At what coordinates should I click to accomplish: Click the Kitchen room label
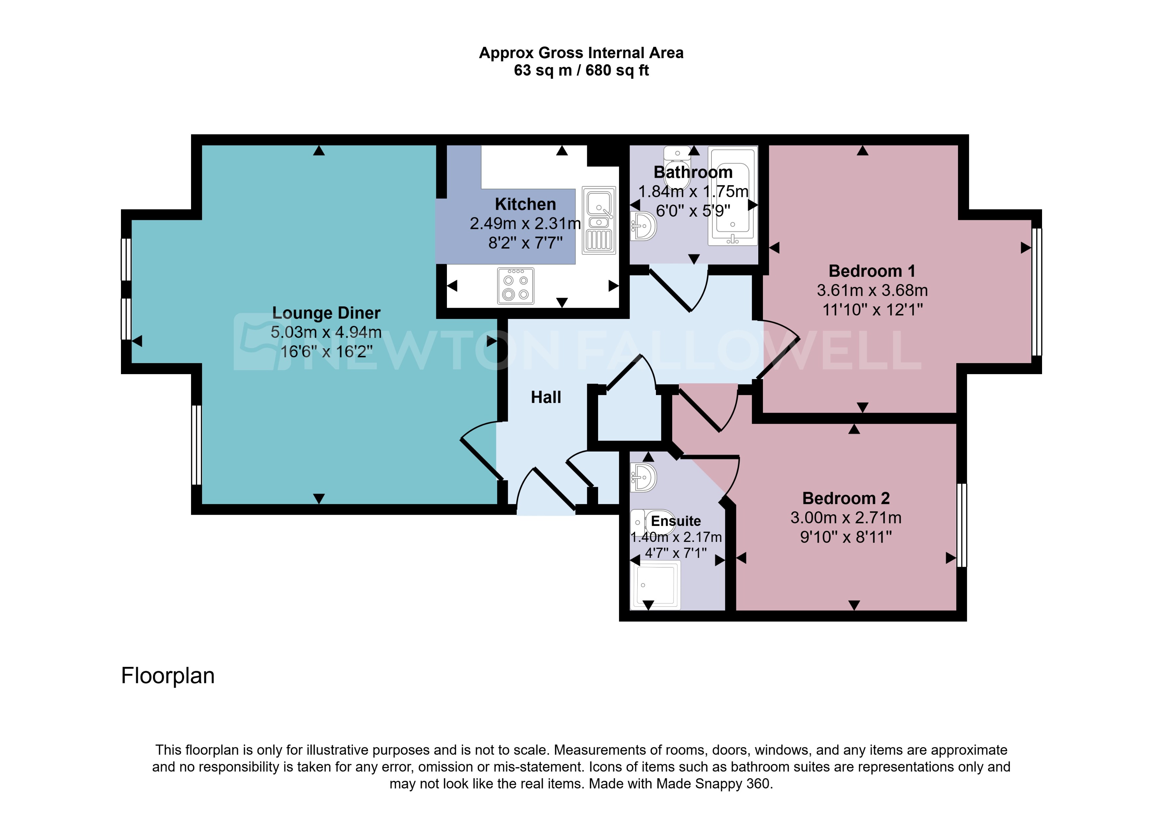tap(525, 204)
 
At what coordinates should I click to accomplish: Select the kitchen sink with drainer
tap(599, 220)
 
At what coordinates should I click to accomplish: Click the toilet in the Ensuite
tap(653, 522)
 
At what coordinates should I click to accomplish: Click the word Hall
tap(546, 397)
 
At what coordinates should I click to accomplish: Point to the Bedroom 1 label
tap(872, 271)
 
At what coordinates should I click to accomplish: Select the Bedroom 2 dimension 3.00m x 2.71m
tap(846, 518)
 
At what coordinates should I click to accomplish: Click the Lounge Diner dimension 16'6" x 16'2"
tap(326, 351)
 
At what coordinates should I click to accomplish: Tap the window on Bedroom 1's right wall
tap(1036, 292)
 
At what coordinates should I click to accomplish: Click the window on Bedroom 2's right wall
tap(961, 525)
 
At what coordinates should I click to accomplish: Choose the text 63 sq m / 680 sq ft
tap(581, 70)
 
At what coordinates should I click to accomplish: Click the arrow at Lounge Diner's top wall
tap(319, 151)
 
